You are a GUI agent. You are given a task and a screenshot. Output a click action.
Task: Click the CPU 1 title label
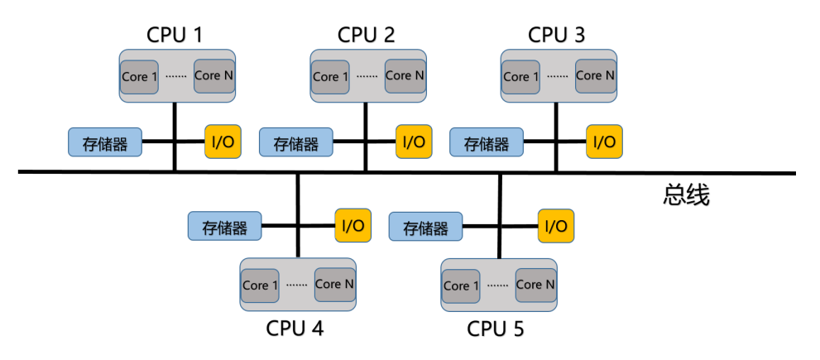coord(174,35)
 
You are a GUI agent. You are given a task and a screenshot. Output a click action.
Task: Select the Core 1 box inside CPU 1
coord(139,76)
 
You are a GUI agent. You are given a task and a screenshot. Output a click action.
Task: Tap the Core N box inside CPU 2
coord(405,75)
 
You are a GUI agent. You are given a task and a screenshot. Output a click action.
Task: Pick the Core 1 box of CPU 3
coord(520,76)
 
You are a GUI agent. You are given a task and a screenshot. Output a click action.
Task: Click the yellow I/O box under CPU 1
coord(223,142)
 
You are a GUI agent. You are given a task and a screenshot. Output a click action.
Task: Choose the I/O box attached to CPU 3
coord(604,142)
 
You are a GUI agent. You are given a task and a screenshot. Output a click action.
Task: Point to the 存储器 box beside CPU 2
coord(295,142)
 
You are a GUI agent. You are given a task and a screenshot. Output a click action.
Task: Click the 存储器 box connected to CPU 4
coord(224,225)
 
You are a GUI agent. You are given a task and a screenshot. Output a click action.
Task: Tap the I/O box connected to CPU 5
coord(556,225)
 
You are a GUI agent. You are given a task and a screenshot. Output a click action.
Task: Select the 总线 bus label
coord(686,195)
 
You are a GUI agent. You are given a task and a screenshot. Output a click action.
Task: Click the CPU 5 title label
coord(496,329)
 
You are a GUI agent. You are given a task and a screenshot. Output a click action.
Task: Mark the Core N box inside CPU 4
coord(334,284)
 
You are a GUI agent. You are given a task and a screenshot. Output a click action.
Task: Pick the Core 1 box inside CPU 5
coord(460,286)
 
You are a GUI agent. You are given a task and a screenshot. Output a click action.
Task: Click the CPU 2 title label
coord(366,35)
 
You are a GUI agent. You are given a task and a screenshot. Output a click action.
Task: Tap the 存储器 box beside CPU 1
coord(104,142)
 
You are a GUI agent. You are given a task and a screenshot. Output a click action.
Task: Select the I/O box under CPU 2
coord(414,142)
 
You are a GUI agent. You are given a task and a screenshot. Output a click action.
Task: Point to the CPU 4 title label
coord(295,329)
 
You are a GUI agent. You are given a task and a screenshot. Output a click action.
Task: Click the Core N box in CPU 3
coord(595,75)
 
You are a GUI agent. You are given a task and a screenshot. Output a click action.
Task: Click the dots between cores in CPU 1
coord(175,77)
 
